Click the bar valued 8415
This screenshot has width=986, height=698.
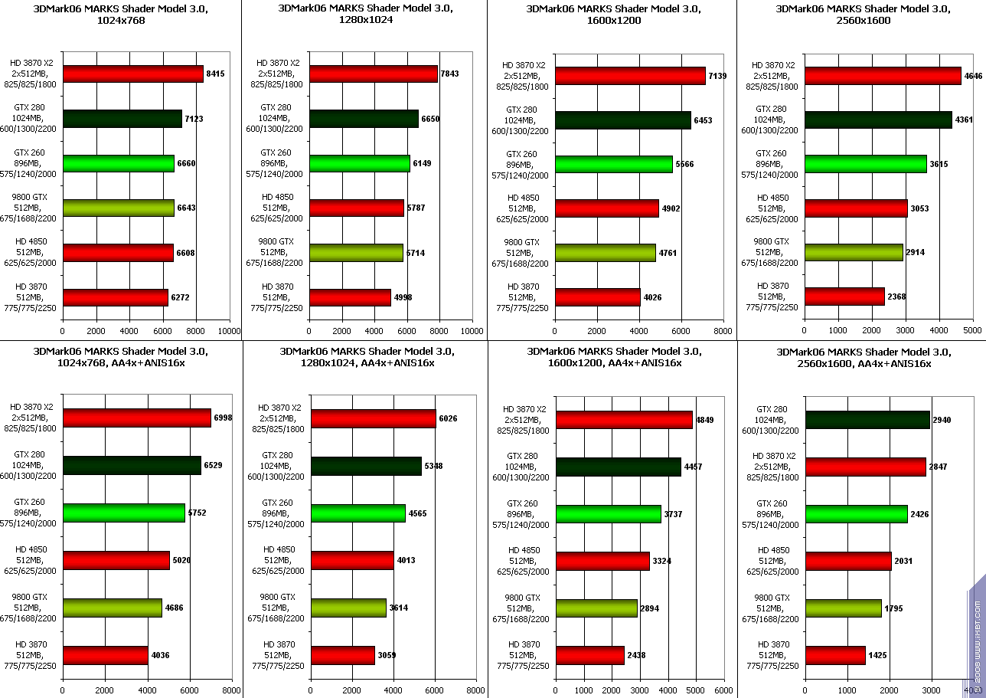point(133,74)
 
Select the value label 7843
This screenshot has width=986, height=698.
point(449,74)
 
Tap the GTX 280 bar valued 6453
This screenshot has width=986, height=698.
point(623,120)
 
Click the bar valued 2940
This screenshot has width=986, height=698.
point(867,420)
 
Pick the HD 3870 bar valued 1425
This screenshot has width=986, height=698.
point(835,655)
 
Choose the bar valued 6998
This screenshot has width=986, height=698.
point(137,418)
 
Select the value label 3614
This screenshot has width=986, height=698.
point(400,608)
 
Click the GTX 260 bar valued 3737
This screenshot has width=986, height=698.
point(609,514)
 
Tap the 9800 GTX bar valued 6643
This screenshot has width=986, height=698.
point(119,208)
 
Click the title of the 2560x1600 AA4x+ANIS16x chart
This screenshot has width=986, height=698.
point(864,358)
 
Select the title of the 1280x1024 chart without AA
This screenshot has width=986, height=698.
point(366,15)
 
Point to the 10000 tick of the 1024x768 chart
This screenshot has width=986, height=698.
point(229,332)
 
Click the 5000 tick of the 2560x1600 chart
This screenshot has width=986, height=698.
point(972,330)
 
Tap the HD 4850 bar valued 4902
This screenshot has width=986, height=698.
point(607,208)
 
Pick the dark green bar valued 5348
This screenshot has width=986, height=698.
point(366,466)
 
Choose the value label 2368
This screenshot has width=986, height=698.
point(896,297)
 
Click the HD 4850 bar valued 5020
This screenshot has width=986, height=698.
point(116,560)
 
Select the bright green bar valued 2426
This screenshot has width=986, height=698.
point(856,514)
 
